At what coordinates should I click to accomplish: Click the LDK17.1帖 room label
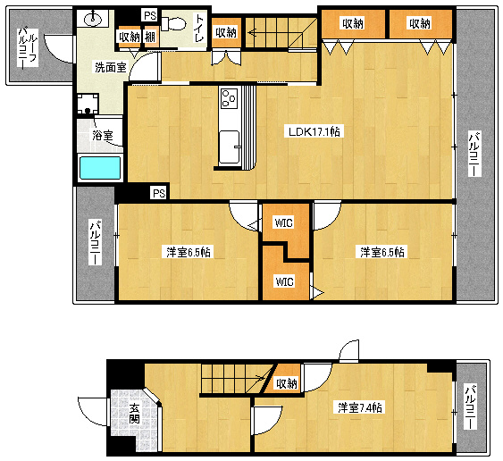click(314, 131)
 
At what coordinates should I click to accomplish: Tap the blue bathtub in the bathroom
click(100, 168)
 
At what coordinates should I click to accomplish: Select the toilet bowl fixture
click(173, 24)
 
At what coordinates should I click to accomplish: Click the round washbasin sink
click(93, 20)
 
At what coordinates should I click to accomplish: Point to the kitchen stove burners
click(229, 97)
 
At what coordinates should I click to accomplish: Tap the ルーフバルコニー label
click(29, 48)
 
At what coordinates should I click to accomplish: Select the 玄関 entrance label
click(135, 413)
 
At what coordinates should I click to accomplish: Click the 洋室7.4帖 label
click(360, 407)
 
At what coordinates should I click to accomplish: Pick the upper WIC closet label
click(284, 222)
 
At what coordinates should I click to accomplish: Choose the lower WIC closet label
click(284, 281)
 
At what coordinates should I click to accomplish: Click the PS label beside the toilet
click(150, 15)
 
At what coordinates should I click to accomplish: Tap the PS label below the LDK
click(159, 193)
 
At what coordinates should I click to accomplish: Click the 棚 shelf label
click(150, 38)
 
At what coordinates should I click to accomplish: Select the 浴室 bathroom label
click(103, 136)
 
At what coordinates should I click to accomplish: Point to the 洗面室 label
click(111, 67)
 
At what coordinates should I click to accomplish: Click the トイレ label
click(199, 28)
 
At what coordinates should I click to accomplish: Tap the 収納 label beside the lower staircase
click(287, 383)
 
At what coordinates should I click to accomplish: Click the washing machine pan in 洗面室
click(88, 104)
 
